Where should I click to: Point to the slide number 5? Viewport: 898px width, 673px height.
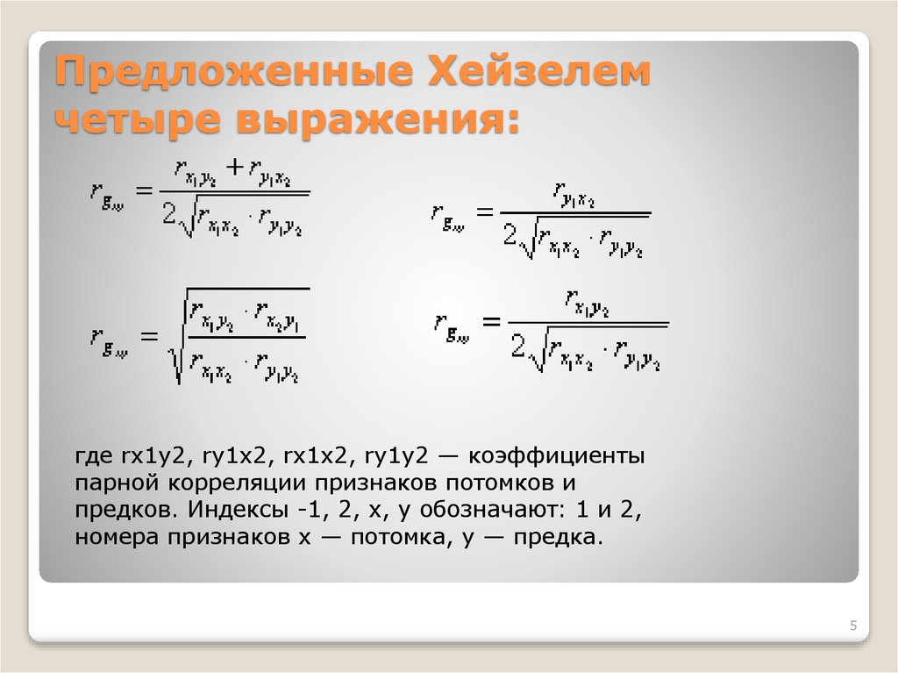pyautogui.click(x=852, y=626)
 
